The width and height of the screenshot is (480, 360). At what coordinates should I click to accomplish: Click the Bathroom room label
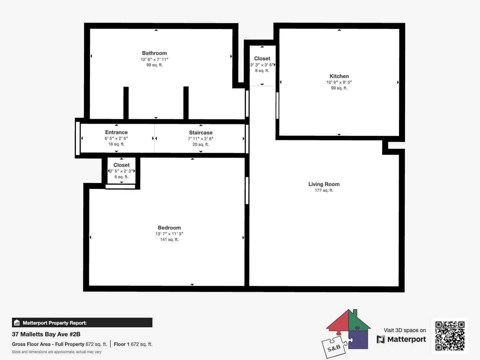click(x=154, y=53)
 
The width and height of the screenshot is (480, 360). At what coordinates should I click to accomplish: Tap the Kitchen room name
click(x=339, y=76)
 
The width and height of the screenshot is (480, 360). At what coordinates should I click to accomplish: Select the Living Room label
click(x=324, y=184)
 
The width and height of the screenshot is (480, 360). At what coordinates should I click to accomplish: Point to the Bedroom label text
click(x=169, y=228)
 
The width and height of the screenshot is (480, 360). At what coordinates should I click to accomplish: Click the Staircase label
click(x=201, y=132)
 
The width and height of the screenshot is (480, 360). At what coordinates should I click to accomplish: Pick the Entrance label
click(x=116, y=132)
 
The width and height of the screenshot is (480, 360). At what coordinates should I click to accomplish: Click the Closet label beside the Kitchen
click(x=262, y=58)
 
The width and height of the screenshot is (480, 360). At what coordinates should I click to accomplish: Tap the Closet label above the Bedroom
click(x=121, y=165)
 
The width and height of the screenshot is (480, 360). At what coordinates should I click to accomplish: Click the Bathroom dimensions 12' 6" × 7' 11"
click(x=154, y=59)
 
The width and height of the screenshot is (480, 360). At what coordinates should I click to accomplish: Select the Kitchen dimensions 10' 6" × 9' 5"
click(x=339, y=82)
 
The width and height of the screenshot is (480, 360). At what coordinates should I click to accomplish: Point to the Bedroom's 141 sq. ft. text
click(x=169, y=240)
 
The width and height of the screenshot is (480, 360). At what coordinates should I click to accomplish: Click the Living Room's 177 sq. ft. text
click(x=324, y=190)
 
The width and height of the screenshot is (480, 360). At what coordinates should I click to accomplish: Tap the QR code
click(x=450, y=336)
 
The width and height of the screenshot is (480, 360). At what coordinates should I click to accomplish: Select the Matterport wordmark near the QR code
click(x=401, y=339)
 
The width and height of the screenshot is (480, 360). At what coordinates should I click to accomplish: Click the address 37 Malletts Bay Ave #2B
click(x=46, y=334)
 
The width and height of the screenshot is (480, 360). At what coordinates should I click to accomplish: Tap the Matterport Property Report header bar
click(x=82, y=323)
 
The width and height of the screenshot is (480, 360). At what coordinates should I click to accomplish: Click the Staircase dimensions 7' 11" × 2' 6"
click(x=201, y=139)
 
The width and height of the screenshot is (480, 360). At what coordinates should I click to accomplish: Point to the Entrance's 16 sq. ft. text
click(x=116, y=144)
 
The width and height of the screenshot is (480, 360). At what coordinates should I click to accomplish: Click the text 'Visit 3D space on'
click(x=405, y=330)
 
